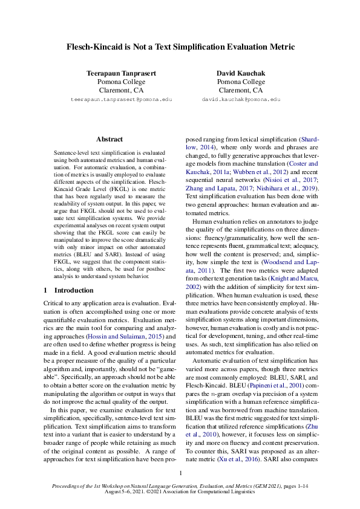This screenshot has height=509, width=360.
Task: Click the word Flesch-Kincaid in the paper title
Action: pos(97,47)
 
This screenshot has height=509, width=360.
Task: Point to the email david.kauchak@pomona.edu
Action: pos(241,99)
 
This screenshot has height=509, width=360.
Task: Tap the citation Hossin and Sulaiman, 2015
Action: pos(125,336)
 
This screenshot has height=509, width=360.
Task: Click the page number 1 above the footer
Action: pos(180,473)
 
